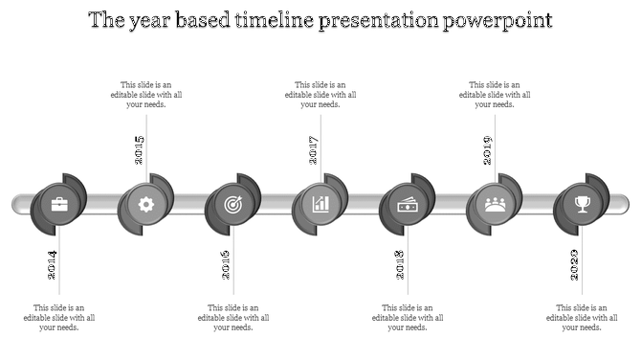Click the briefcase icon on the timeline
coord(58,204)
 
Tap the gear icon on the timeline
coord(145,204)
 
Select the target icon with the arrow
coord(232,204)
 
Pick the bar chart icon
coord(320,204)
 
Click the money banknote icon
coord(407,204)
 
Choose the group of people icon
coord(495,204)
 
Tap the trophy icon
coord(582,204)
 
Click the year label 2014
coord(53,265)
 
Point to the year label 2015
coord(140,150)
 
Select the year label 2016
coord(227,265)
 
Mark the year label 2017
coord(314,150)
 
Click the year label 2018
coord(401,265)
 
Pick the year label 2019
coord(488,150)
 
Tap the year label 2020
coord(575,265)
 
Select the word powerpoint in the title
coord(497,20)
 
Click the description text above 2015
coord(145,95)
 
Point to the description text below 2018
coord(407,318)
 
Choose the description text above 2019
coord(495,95)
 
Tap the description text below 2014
coord(59,318)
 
